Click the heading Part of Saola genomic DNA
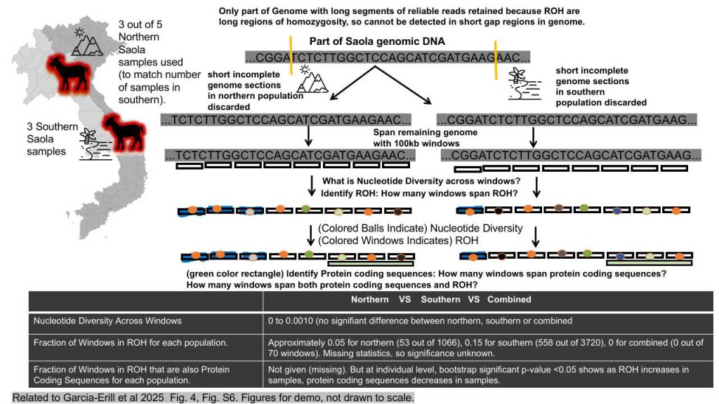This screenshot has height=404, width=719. tap(377, 41)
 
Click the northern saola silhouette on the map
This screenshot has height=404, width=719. tap(68, 72)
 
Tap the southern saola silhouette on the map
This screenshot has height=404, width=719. tap(124, 132)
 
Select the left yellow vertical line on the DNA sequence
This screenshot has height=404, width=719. tap(290, 55)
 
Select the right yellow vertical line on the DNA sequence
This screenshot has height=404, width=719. tap(495, 60)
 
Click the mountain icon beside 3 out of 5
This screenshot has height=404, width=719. tap(86, 41)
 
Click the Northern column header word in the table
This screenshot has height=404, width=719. tap(369, 299)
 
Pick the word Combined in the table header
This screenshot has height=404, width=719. tap(509, 299)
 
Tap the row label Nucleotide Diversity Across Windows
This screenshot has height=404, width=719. tap(107, 321)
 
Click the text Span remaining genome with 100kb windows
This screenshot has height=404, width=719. tap(425, 138)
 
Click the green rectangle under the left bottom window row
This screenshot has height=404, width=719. tap(371, 264)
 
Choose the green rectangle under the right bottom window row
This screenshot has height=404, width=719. tap(649, 263)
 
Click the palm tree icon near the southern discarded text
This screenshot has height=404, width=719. tap(525, 84)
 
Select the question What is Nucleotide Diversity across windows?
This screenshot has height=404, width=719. tap(421, 182)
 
